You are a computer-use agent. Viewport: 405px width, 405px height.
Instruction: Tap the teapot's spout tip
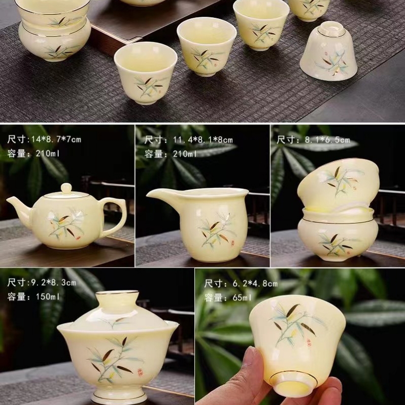point(8,199)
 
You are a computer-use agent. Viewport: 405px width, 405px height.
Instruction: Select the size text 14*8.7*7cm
point(56,140)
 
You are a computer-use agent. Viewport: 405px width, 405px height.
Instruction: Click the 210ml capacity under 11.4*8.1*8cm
point(185,154)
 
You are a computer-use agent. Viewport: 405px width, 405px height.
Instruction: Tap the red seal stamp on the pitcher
point(232,243)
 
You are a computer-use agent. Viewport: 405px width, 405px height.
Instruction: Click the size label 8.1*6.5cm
point(327,140)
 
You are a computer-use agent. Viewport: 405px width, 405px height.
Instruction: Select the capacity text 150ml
point(48,296)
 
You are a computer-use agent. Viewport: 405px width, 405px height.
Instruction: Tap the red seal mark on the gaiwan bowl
point(140,372)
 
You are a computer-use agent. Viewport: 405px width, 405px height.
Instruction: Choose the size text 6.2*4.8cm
point(255,284)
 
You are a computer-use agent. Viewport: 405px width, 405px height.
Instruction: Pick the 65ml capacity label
point(242,298)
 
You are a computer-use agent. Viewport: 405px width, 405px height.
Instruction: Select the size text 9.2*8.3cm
point(54,283)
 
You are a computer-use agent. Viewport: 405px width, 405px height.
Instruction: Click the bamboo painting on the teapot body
point(66,224)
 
